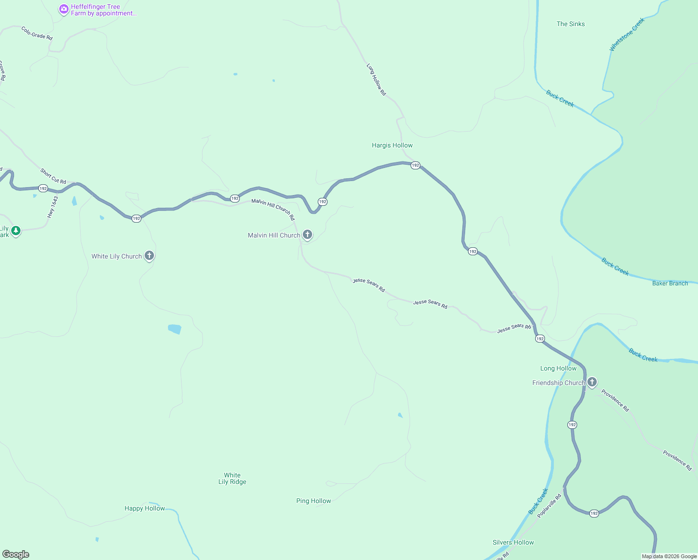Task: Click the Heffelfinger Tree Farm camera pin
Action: tap(64, 9)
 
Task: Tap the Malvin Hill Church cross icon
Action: tap(307, 234)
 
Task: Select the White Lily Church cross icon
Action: tap(149, 255)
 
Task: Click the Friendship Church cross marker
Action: tap(592, 382)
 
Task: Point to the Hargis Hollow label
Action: tap(392, 145)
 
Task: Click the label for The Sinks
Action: tap(570, 24)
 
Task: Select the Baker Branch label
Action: tap(670, 283)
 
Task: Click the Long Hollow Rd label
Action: tap(376, 80)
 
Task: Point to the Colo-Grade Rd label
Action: tap(37, 33)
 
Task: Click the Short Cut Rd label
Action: tap(53, 176)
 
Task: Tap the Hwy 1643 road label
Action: tap(53, 207)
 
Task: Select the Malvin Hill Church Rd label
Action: tap(273, 210)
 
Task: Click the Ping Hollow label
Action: tap(314, 501)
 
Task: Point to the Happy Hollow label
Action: tap(145, 508)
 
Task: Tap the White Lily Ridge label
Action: tap(232, 478)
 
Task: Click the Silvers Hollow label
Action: tap(513, 542)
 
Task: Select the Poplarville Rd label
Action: tap(549, 506)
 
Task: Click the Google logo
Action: tap(16, 554)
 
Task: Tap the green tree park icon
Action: tap(16, 231)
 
